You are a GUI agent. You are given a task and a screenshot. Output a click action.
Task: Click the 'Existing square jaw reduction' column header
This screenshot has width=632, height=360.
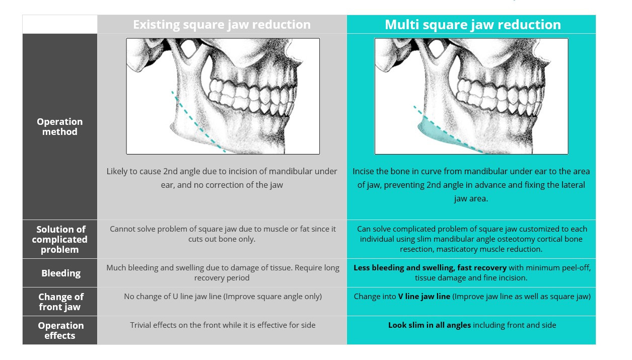pos(222,25)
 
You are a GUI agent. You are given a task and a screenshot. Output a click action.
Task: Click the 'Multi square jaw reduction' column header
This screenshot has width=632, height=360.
pos(473,25)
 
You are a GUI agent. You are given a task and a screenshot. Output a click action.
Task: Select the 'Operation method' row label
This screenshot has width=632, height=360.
pos(60,127)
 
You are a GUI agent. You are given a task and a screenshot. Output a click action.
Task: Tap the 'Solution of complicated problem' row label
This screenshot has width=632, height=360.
pos(60,239)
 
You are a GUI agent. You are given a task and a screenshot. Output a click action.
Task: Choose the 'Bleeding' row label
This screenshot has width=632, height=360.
pos(61,273)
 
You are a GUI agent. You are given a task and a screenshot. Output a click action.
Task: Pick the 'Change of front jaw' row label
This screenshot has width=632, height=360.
pos(60,302)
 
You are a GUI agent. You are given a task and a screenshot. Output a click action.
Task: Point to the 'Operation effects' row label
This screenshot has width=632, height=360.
pos(60,330)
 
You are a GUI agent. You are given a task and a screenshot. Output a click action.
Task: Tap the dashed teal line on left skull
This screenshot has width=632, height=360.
pos(198,122)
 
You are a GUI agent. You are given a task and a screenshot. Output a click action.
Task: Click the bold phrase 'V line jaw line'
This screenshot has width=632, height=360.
pos(424,297)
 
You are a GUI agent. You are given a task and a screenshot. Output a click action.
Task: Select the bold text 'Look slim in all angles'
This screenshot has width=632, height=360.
pos(430,325)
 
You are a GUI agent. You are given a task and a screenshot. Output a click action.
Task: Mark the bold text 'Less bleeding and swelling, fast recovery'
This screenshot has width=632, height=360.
pos(430,268)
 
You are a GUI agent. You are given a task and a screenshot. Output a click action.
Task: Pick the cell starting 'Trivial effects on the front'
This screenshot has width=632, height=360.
pos(223,325)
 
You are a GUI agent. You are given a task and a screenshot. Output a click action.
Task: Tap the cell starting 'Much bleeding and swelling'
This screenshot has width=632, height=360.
pos(223,273)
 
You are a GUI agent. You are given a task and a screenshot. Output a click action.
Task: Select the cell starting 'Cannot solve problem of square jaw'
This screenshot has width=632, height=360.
pos(223,234)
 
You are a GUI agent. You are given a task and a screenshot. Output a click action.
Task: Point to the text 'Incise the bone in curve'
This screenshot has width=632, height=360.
pos(471,185)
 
